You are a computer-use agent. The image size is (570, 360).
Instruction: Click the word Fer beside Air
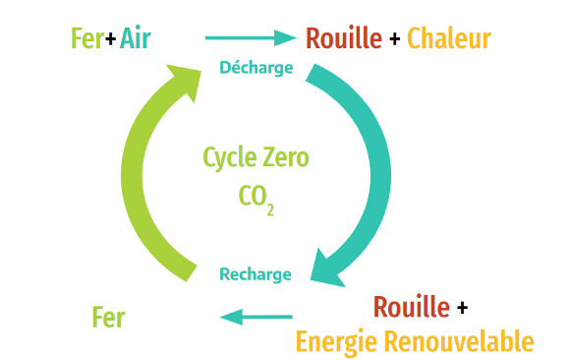click(86, 39)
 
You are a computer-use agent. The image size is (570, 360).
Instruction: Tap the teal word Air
click(136, 39)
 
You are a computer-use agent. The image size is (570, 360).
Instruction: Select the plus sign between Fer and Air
click(110, 40)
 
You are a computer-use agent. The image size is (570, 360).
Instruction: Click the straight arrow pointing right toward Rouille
click(250, 38)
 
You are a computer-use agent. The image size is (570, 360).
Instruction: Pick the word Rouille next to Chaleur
click(343, 39)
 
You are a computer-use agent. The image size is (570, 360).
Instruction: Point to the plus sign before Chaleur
click(394, 40)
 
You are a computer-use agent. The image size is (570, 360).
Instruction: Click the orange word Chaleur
click(448, 39)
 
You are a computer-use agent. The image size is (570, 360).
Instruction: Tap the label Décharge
click(256, 68)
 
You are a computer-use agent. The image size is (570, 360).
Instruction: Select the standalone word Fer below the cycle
click(108, 318)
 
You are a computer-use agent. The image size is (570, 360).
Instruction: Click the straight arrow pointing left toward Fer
click(256, 316)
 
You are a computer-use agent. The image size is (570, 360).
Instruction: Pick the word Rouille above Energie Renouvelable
click(411, 307)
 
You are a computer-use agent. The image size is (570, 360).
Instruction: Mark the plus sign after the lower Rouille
click(462, 308)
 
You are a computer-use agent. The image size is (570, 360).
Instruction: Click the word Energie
click(335, 341)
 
